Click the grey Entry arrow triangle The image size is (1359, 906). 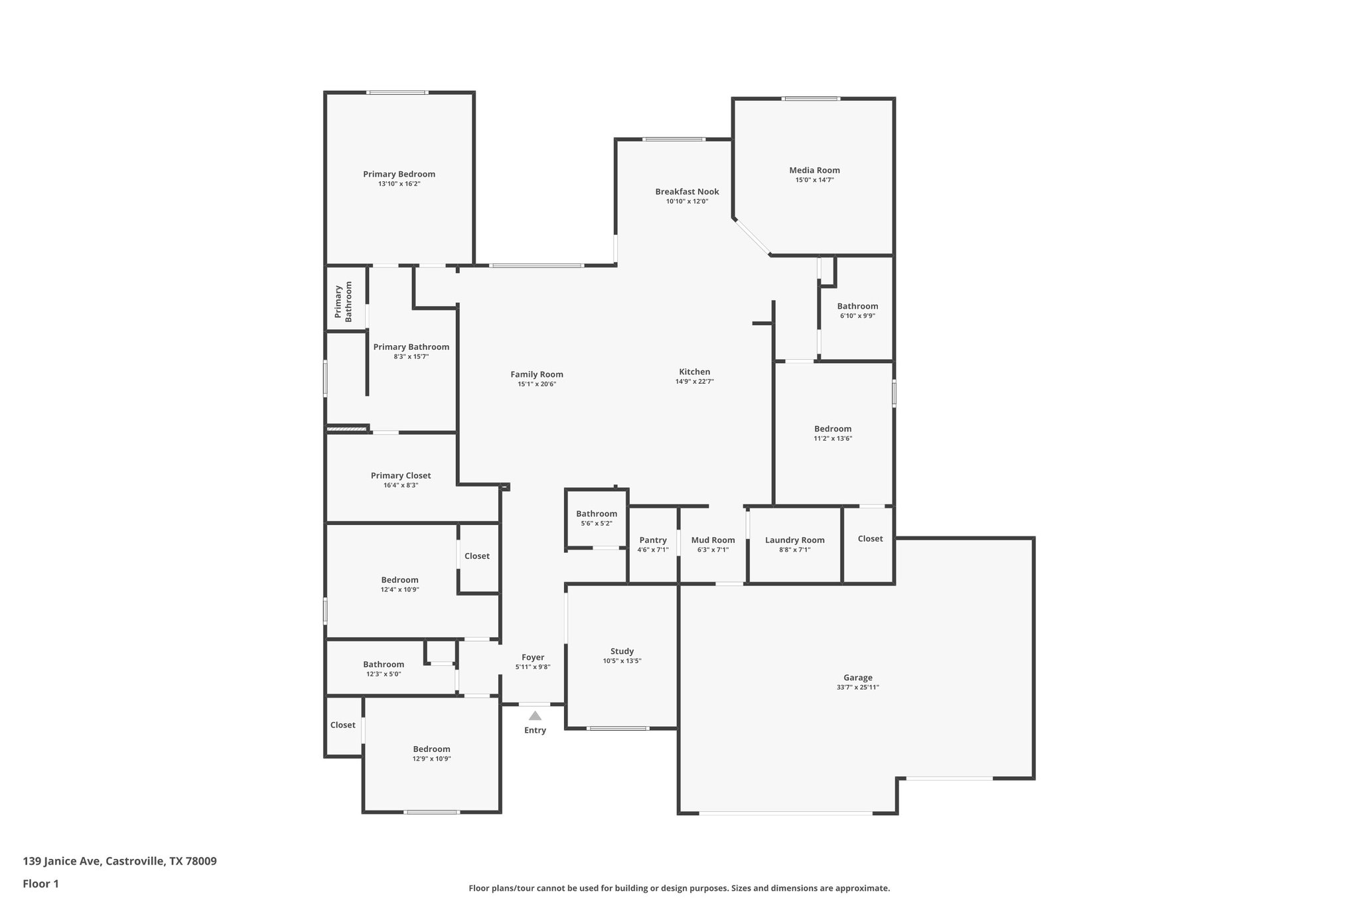pos(535,716)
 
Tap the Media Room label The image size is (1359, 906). pos(814,170)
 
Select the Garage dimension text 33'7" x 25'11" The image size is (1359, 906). pos(857,688)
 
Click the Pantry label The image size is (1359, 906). pos(653,540)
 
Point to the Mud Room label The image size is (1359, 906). pos(713,540)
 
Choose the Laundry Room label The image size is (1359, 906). pos(794,540)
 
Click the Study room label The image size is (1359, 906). pos(622,651)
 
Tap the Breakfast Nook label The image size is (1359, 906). pos(687,192)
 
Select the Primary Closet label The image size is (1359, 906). pos(400,475)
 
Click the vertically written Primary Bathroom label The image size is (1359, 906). pos(343,301)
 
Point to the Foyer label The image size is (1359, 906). pos(533,657)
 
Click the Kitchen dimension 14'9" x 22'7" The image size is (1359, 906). pos(694,382)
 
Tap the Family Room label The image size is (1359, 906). pos(536,374)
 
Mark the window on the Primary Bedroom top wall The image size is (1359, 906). pos(397,92)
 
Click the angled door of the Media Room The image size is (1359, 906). pos(752,237)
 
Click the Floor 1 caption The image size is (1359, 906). pos(40,883)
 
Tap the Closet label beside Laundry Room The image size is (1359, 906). pos(870,538)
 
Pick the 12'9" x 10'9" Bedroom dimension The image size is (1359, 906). pos(431,759)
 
